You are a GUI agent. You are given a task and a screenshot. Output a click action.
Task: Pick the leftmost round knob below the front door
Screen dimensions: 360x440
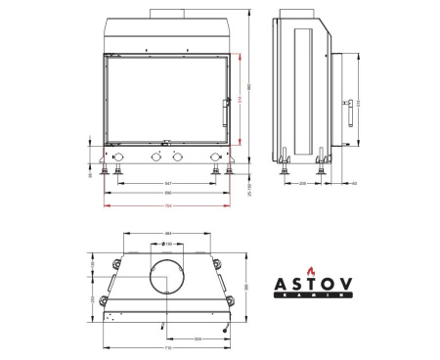(118, 157)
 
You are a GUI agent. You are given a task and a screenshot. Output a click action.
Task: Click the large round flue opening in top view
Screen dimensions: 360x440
(167, 278)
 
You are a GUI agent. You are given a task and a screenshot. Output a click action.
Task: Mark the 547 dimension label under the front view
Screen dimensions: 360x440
(167, 184)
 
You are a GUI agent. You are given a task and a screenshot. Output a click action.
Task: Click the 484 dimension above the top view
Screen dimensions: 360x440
(167, 232)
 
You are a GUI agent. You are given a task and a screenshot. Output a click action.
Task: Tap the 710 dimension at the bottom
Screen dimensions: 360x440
(167, 347)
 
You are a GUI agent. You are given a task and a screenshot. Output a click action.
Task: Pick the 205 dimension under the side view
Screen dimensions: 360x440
(302, 183)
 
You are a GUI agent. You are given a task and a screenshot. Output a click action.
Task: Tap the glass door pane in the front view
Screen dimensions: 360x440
(166, 100)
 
